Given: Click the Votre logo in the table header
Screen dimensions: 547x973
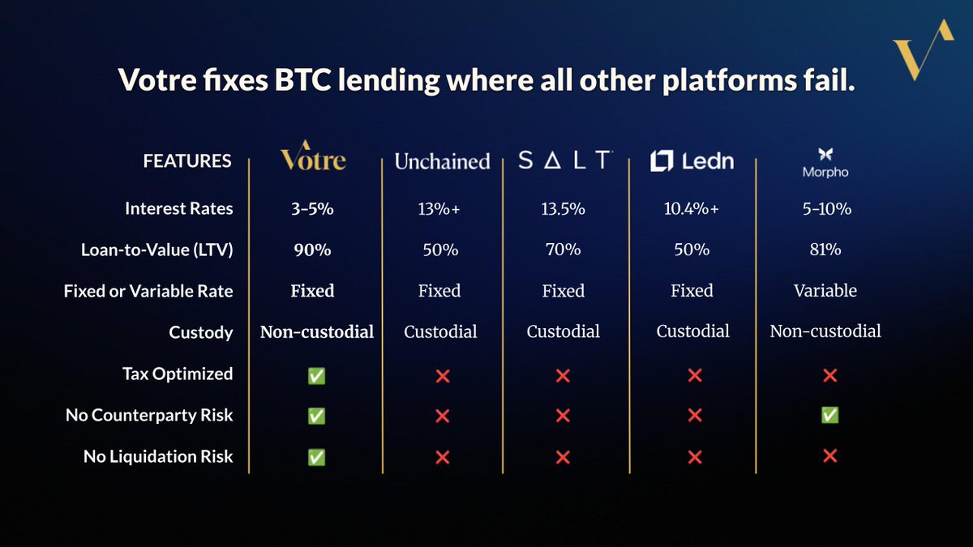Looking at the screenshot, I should point(313,156).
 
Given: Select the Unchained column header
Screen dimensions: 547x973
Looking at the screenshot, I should point(442,161).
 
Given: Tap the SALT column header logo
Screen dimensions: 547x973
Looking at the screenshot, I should point(564,160).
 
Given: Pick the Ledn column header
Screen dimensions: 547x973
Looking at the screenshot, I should point(692,160).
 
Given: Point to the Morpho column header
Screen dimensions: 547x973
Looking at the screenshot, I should point(825,163).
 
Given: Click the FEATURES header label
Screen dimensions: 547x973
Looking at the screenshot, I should point(187,161).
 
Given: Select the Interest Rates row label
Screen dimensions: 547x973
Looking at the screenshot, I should point(178,208).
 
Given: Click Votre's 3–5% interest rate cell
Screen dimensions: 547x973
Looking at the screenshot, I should point(312,208).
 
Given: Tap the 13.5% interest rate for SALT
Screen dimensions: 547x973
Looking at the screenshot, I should point(562,208).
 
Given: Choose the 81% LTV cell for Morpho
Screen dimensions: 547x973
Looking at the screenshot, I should point(825,250).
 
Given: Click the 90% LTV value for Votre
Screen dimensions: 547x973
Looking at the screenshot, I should point(312,250).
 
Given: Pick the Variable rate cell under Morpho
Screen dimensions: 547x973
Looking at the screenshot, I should point(825,290).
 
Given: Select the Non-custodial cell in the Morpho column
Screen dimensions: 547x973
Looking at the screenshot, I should point(825,331).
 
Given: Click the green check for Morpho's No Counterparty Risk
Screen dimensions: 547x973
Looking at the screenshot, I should point(829,415).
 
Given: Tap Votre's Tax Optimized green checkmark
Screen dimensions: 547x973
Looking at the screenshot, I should point(316,375).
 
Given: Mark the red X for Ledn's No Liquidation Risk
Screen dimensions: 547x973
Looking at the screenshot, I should point(694,457).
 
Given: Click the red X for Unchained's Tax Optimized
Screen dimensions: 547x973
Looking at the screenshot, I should point(442,375).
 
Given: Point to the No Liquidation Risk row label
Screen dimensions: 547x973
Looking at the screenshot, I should point(158,457).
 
